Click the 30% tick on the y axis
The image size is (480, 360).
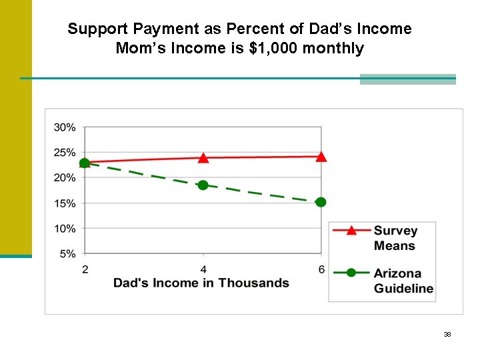[65, 127]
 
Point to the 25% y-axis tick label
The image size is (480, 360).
[65, 153]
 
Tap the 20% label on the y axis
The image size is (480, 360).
[65, 178]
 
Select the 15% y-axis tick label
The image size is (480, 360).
[65, 203]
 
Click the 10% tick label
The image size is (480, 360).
[65, 229]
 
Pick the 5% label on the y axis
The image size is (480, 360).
[67, 254]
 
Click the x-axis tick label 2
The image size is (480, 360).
[85, 269]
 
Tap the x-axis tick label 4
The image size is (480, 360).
[203, 269]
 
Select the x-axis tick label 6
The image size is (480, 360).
[321, 269]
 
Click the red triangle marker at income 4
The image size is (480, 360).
[203, 158]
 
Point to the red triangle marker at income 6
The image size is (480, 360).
[321, 157]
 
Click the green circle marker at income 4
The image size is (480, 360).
[203, 185]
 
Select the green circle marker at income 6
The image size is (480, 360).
[321, 202]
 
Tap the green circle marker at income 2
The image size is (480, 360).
[85, 163]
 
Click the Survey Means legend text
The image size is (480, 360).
[395, 238]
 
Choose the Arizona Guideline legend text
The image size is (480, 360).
[403, 281]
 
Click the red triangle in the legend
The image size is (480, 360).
[351, 230]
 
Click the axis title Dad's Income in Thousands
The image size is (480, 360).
[201, 283]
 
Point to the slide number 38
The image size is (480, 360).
[447, 334]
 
